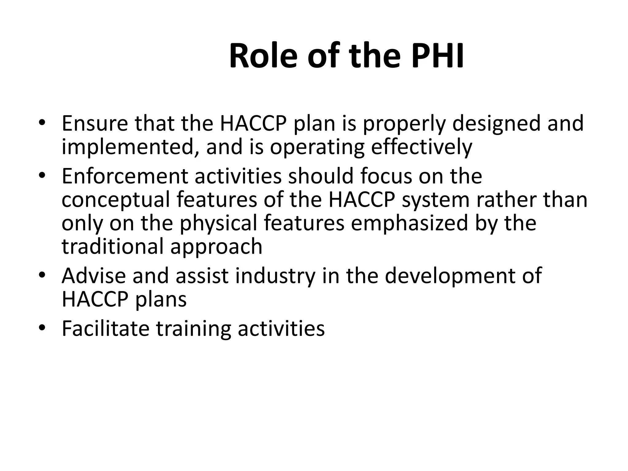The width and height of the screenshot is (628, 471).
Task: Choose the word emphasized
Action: pyautogui.click(x=409, y=223)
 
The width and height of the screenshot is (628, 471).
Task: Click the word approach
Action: pyautogui.click(x=216, y=247)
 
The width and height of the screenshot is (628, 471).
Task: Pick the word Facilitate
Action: pyautogui.click(x=105, y=328)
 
